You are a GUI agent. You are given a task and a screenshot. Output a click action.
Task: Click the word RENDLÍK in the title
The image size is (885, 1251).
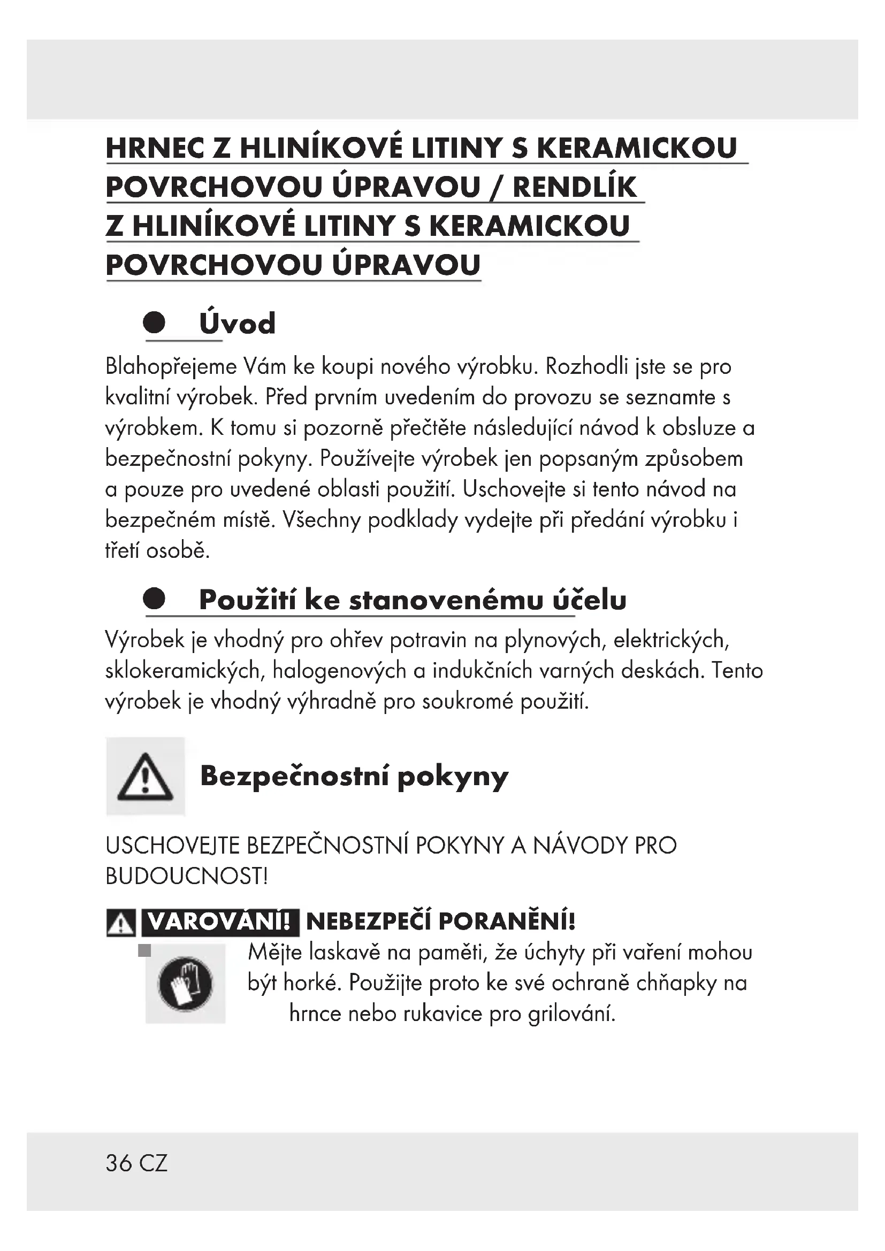pyautogui.click(x=574, y=187)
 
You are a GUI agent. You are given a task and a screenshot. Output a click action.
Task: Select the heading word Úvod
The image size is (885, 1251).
pyautogui.click(x=237, y=324)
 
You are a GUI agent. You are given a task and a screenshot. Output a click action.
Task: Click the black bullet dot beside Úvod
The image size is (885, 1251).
pyautogui.click(x=154, y=322)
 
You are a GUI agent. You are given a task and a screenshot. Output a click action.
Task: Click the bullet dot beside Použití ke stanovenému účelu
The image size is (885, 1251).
pyautogui.click(x=154, y=599)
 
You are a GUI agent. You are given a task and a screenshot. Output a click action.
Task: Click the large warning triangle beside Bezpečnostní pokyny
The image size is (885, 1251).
pyautogui.click(x=145, y=777)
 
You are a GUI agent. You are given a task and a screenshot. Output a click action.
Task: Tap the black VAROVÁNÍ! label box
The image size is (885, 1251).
pyautogui.click(x=219, y=922)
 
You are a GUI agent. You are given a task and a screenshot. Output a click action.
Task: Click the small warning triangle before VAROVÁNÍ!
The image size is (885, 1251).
pyautogui.click(x=120, y=924)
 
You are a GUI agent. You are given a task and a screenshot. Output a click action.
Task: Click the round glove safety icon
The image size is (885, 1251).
pyautogui.click(x=185, y=984)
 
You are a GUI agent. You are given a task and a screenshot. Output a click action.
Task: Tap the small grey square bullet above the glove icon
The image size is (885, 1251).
pyautogui.click(x=144, y=951)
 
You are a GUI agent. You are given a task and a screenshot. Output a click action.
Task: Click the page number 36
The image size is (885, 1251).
pyautogui.click(x=119, y=1163)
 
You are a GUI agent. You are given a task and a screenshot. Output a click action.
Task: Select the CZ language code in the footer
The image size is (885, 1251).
pyautogui.click(x=154, y=1163)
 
